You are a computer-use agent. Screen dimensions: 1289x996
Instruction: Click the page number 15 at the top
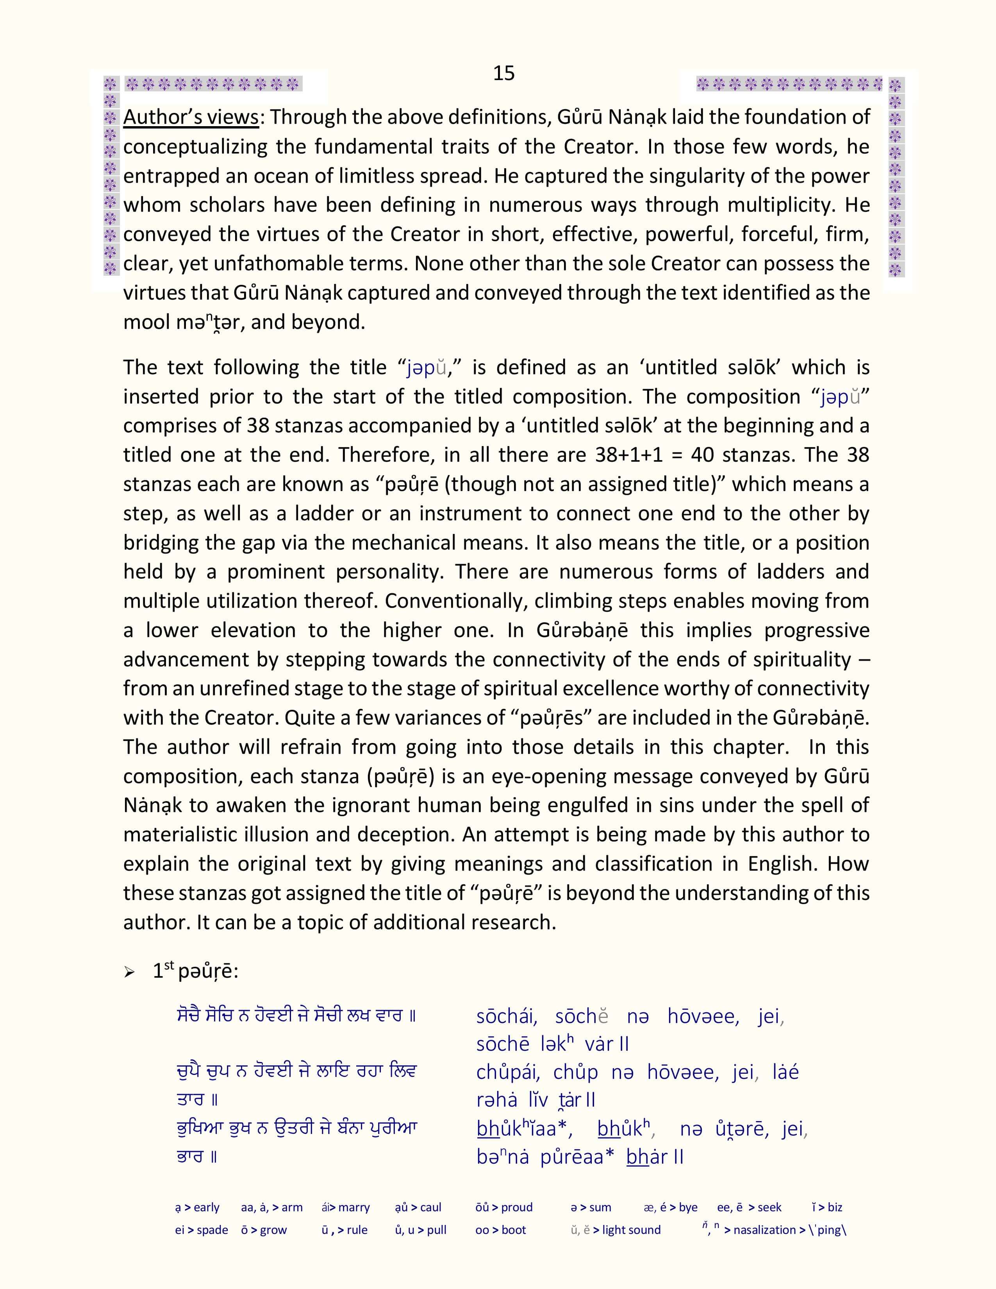pyautogui.click(x=503, y=73)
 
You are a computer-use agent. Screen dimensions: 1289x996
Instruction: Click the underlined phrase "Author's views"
pyautogui.click(x=191, y=117)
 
